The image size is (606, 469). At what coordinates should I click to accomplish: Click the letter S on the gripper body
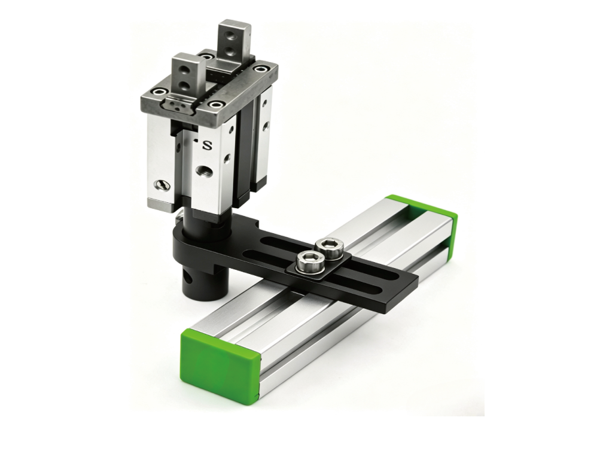click(208, 145)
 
